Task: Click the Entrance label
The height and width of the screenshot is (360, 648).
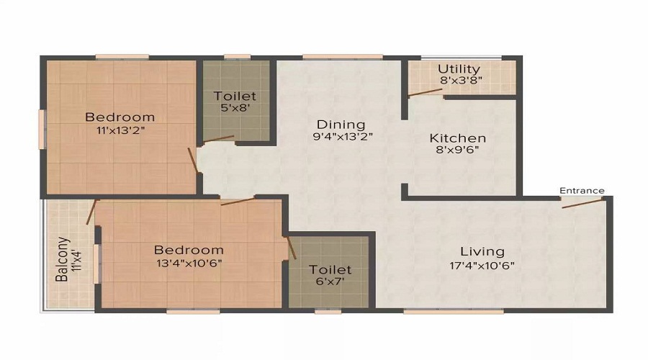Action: pos(582,191)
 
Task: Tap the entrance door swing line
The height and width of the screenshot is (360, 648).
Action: pos(583,202)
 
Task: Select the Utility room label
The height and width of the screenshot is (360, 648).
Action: pos(459,69)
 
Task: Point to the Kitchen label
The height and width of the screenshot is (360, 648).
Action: pos(458,138)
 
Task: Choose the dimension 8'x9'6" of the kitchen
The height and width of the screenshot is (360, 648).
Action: pos(458,150)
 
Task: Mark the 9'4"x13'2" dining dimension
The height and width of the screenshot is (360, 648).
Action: pos(342,136)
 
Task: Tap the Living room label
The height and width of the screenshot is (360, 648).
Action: pos(482,251)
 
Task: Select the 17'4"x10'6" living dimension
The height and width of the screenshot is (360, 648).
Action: pos(482,264)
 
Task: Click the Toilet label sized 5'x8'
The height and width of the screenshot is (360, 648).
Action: pos(235,96)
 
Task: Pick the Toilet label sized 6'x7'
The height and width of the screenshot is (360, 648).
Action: pos(330,269)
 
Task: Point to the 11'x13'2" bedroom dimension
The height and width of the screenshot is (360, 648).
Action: pos(120,130)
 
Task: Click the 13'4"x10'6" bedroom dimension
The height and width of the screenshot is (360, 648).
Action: pos(189,263)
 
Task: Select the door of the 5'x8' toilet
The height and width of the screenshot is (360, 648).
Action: pos(219,139)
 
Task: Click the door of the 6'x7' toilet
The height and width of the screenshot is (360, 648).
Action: pos(292,247)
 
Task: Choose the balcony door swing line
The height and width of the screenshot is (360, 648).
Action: pos(91,212)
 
